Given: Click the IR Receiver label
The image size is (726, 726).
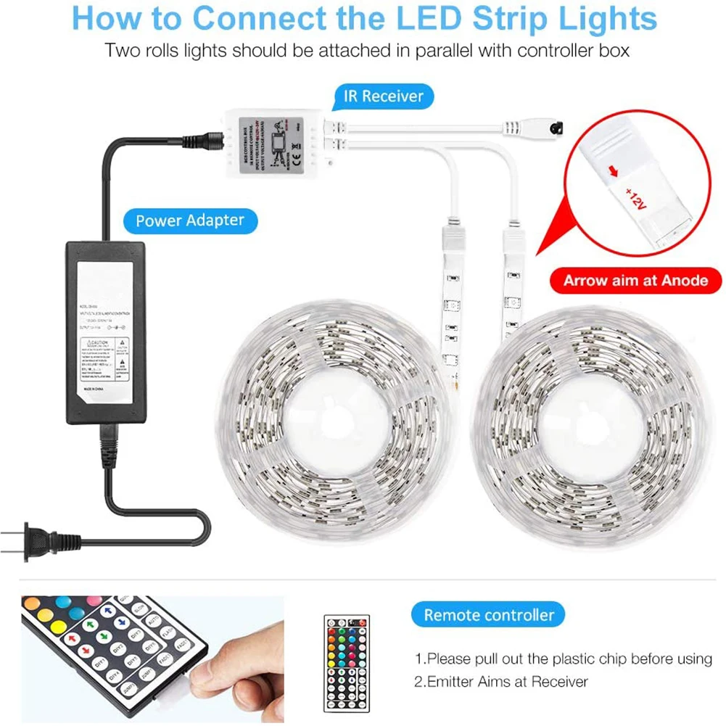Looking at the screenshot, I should click(x=383, y=96).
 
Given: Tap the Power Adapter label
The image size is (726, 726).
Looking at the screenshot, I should click(x=189, y=219).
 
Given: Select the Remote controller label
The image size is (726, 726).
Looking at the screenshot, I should click(x=489, y=615).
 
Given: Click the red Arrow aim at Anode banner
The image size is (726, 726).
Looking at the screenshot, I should click(x=635, y=280).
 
